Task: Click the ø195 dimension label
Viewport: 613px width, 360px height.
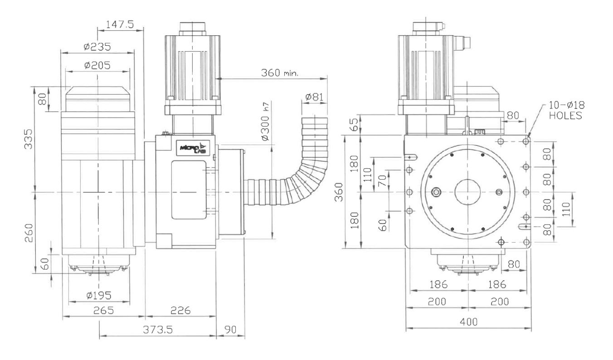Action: [97, 295]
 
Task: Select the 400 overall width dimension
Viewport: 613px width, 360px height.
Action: [468, 321]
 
